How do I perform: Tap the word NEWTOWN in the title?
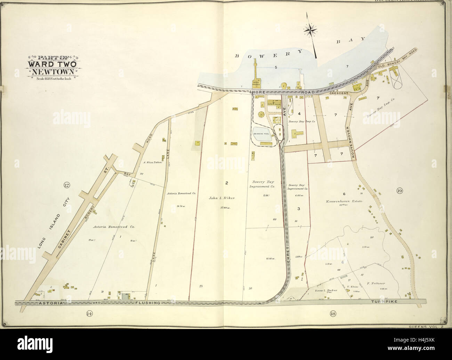[x=53, y=72]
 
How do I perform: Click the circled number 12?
[x=66, y=184]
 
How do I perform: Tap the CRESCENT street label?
[x=339, y=93]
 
